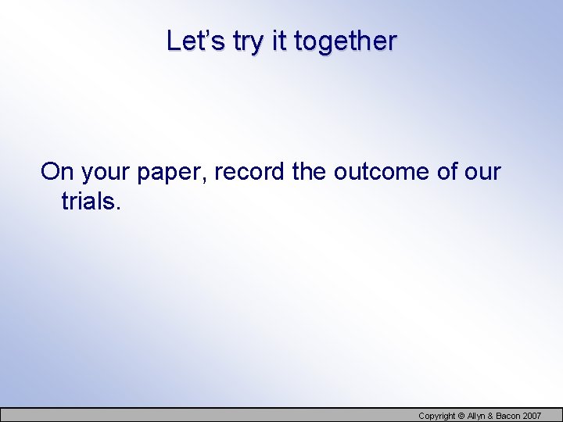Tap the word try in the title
tap(249, 42)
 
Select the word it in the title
tap(280, 41)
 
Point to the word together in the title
tap(345, 42)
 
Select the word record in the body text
tap(249, 171)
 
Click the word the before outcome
tap(310, 171)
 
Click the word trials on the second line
tap(88, 201)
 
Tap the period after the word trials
tap(119, 208)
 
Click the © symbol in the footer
tap(461, 416)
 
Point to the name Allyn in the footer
tap(477, 416)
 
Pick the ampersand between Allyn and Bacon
tap(493, 416)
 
